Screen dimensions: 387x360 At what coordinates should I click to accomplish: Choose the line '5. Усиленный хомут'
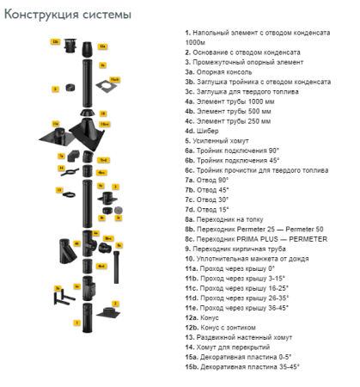click(218, 138)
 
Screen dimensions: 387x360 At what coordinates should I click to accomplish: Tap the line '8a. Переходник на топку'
click(227, 218)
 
